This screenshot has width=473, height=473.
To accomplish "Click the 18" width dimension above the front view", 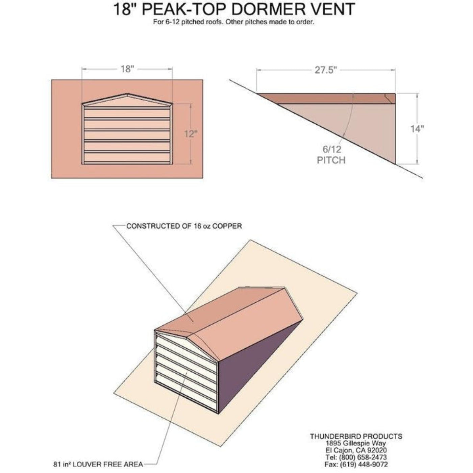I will click(x=127, y=69).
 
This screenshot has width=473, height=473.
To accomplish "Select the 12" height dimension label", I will click(x=191, y=134).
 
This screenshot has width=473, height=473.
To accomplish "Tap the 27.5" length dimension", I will click(x=326, y=70).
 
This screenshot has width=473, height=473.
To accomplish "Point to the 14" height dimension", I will click(x=417, y=129).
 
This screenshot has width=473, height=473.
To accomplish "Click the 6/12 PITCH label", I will click(x=331, y=155).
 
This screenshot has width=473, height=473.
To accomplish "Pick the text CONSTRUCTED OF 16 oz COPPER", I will click(x=184, y=226).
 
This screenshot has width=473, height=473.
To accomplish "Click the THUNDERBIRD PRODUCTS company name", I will click(x=356, y=436).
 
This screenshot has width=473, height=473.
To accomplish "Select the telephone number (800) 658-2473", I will click(x=363, y=457).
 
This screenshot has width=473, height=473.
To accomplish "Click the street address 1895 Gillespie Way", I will click(x=356, y=443).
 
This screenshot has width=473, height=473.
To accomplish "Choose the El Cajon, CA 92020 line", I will click(x=356, y=450).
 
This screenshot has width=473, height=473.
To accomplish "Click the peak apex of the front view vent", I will click(x=127, y=94).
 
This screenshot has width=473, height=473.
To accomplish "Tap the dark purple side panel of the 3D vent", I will click(x=257, y=365).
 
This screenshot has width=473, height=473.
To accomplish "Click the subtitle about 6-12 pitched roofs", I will click(x=234, y=23).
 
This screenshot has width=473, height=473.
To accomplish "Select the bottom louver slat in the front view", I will click(x=127, y=157).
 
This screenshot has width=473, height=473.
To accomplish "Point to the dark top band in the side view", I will click(x=324, y=98).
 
